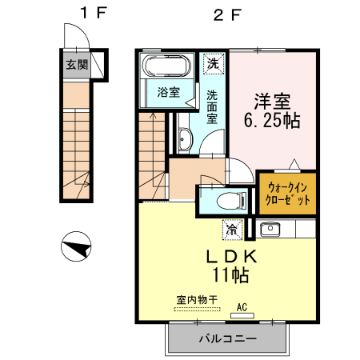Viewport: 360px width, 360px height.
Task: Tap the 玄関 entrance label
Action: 77,65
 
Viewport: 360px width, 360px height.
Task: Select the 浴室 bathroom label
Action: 167,91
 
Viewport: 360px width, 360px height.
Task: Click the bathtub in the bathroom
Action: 165,66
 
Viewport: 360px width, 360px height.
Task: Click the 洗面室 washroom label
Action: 212,107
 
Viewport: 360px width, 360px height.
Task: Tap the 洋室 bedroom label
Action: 272,102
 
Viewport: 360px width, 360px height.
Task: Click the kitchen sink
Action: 269,230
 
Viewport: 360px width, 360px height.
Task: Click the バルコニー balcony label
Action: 227,339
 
